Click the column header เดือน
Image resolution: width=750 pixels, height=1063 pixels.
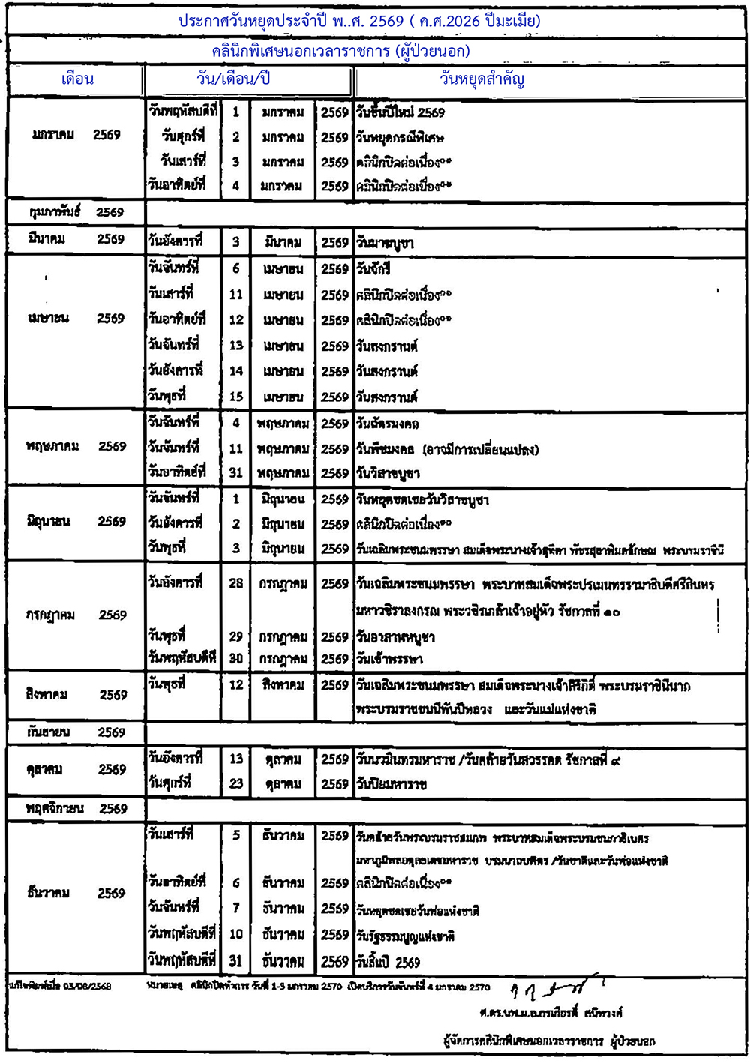[77, 79]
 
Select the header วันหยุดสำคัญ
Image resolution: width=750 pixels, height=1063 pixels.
[481, 79]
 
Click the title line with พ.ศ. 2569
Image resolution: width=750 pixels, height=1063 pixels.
[359, 21]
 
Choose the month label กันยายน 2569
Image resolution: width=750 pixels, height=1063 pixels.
[76, 732]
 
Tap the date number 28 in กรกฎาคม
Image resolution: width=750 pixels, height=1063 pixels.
[236, 583]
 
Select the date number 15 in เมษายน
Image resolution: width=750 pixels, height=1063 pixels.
[236, 397]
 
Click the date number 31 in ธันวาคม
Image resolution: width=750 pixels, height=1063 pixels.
[236, 961]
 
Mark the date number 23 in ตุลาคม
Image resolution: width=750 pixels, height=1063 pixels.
[236, 783]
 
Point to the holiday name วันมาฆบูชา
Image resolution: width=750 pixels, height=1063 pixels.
[385, 243]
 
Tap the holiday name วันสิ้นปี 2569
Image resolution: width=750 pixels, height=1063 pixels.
[388, 962]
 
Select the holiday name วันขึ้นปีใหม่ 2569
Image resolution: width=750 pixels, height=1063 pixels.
[400, 112]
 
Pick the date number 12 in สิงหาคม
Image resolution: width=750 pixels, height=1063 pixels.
[236, 684]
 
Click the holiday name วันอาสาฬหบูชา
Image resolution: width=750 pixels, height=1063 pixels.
[395, 637]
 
